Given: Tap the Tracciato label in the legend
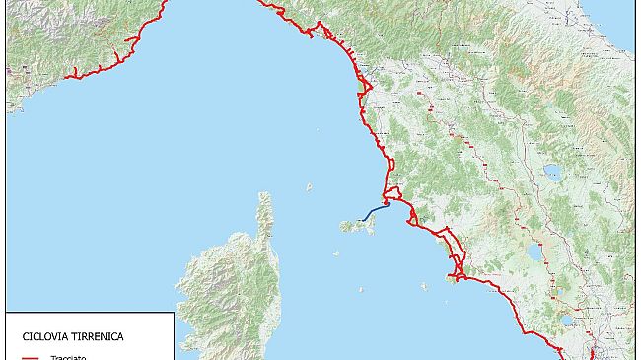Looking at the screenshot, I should [x=68, y=357].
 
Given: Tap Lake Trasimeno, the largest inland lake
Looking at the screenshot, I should [x=552, y=174].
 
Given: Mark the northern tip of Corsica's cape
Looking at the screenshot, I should [x=263, y=194].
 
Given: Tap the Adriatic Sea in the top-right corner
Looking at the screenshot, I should [x=621, y=20].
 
